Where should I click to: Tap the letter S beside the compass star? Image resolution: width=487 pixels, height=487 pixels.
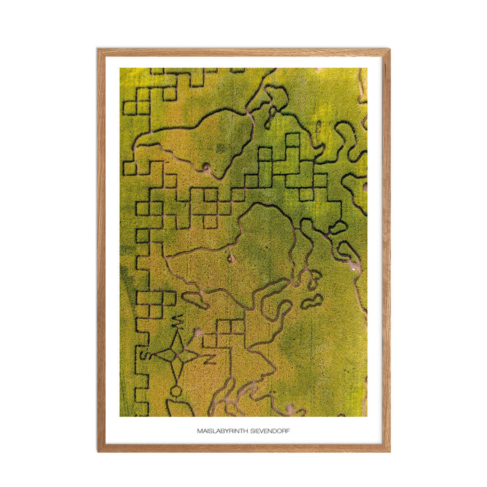(146, 356)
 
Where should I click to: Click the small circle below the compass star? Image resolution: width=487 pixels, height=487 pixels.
(176, 391)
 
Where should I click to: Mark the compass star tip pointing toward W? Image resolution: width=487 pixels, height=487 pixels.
(178, 332)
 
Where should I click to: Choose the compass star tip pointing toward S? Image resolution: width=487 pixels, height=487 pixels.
(156, 354)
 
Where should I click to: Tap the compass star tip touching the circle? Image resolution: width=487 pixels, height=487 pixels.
(177, 381)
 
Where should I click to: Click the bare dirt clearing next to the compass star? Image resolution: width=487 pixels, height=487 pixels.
(198, 333)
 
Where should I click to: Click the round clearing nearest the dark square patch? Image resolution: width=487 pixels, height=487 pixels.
(206, 167)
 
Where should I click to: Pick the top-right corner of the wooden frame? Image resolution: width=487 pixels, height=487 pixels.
(389, 49)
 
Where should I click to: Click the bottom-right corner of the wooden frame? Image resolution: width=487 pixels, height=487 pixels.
(389, 451)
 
